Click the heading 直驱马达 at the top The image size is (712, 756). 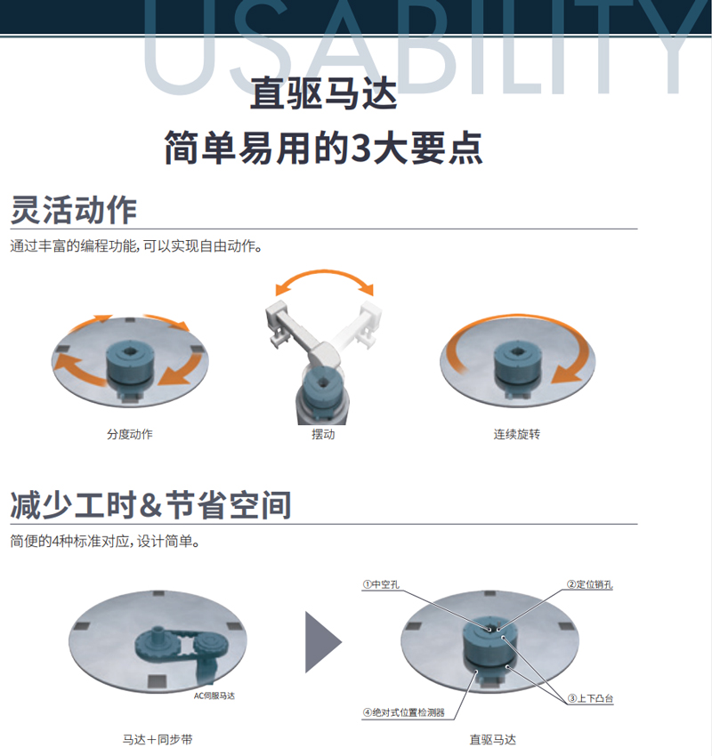click(323, 93)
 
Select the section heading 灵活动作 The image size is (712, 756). click(74, 210)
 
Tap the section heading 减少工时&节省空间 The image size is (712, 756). click(150, 505)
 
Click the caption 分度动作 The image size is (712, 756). click(130, 434)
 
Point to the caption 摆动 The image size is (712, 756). click(323, 434)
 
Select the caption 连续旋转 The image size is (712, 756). click(516, 434)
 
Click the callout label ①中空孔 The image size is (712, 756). click(381, 584)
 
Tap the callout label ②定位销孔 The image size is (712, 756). click(589, 584)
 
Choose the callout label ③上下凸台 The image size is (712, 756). click(590, 698)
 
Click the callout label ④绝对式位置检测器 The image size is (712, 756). click(404, 712)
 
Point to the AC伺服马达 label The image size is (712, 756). click(214, 696)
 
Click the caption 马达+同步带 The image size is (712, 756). click(158, 739)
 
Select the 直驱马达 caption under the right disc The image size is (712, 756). click(492, 739)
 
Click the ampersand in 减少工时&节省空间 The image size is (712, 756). click(150, 505)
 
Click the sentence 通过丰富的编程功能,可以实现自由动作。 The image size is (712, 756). click(136, 245)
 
